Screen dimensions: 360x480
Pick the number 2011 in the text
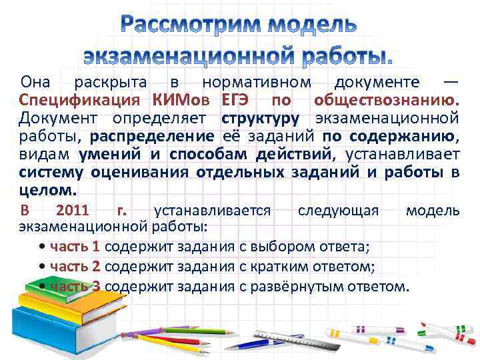click(x=73, y=211)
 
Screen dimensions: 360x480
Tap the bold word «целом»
click(x=47, y=191)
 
